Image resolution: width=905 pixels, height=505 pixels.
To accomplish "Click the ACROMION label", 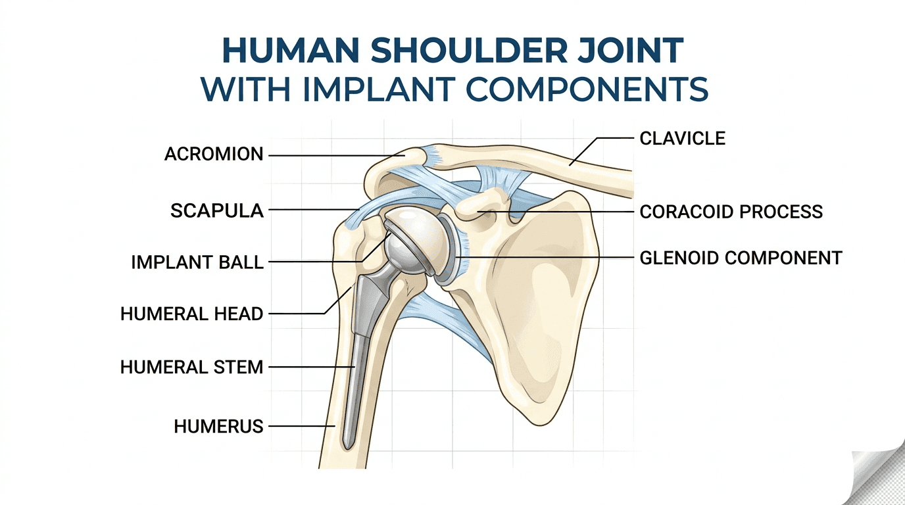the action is pyautogui.click(x=214, y=155).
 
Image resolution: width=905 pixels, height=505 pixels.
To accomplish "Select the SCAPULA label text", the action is pyautogui.click(x=217, y=211).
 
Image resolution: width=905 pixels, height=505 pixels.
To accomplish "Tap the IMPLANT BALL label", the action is pyautogui.click(x=197, y=262).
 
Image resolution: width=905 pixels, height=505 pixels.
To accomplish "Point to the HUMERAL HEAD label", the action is pyautogui.click(x=192, y=314).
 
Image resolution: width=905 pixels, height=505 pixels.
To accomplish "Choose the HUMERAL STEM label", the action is pyautogui.click(x=192, y=367).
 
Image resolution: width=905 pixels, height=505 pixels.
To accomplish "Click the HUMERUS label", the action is pyautogui.click(x=218, y=427).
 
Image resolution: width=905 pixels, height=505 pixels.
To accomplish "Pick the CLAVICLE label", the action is pyautogui.click(x=683, y=139).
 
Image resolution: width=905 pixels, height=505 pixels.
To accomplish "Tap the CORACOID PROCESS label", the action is pyautogui.click(x=731, y=212).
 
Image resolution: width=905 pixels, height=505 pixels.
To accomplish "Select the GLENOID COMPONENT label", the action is pyautogui.click(x=741, y=258).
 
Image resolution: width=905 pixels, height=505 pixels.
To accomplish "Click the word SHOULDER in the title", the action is pyautogui.click(x=469, y=51).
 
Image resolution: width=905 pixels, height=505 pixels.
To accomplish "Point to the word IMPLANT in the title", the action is pyautogui.click(x=379, y=89).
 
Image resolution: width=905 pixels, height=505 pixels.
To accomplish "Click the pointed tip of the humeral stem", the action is pyautogui.click(x=347, y=448).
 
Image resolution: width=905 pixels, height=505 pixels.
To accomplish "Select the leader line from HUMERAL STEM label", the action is pyautogui.click(x=312, y=367).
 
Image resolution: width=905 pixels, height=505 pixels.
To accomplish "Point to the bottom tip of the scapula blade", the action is pyautogui.click(x=540, y=425).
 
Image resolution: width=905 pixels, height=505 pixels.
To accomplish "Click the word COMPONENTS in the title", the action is pyautogui.click(x=587, y=89).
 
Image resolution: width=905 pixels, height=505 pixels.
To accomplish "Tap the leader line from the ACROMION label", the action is pyautogui.click(x=337, y=156).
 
